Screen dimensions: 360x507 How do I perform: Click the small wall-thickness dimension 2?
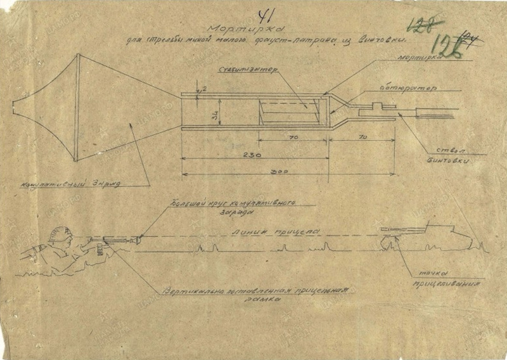[203, 89]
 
